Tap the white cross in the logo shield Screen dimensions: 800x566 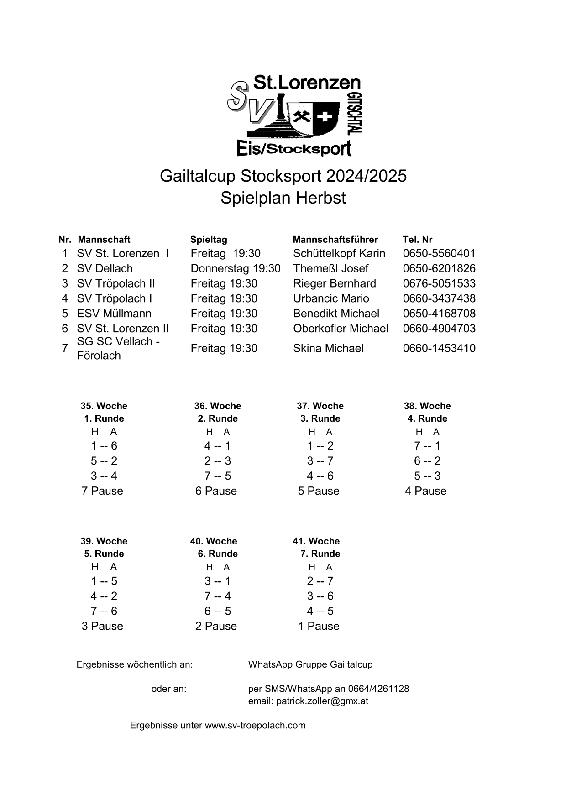coord(325,117)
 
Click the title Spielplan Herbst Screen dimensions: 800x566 coord(283,198)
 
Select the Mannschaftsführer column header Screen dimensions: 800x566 coord(335,240)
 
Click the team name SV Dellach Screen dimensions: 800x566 coord(105,268)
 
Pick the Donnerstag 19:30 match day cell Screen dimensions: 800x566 coord(235,268)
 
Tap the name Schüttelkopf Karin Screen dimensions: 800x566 coord(339,253)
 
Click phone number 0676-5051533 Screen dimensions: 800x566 coord(439,283)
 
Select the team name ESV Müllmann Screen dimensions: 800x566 coord(114,314)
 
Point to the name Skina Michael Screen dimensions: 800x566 coord(328,348)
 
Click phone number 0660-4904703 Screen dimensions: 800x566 coord(439,329)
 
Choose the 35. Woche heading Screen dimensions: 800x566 coord(104,406)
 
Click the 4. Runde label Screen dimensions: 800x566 coord(427,418)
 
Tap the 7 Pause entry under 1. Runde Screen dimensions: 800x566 coord(102,491)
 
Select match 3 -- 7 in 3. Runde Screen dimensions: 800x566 coord(320,461)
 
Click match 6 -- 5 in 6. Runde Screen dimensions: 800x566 coord(218,611)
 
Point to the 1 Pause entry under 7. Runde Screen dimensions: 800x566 coord(319,626)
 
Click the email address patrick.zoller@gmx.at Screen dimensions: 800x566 coord(308,701)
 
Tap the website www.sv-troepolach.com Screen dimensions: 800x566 coord(255,725)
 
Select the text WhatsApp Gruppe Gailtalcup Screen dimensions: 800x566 coord(310,664)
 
